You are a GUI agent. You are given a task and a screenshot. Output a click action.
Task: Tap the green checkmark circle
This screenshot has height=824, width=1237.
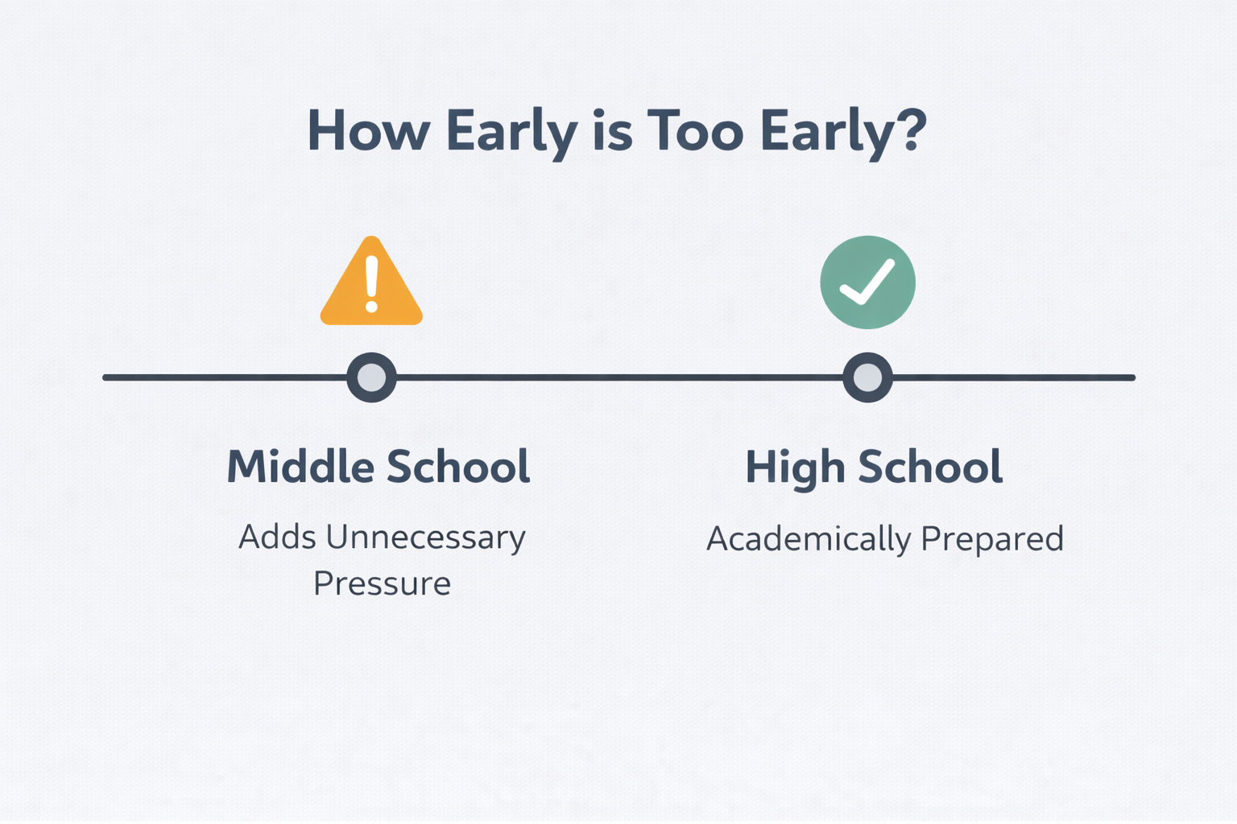coord(867,282)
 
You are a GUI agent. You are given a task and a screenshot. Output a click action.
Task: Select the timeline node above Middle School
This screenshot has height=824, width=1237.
coord(371,377)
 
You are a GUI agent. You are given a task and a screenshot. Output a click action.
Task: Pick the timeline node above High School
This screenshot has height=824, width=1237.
coord(867,377)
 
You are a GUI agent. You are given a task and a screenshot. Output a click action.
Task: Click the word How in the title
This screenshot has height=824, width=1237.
coord(369,130)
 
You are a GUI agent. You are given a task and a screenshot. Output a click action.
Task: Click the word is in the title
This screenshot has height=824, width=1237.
coord(612,130)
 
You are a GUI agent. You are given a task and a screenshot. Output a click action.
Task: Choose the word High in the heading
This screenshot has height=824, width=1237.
coord(795,469)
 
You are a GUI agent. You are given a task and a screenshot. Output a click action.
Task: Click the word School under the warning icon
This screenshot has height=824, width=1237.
coord(458,466)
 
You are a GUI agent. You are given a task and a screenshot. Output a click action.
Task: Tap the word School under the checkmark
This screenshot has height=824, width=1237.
coord(930,467)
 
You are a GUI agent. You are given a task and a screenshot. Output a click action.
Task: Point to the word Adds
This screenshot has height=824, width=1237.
coord(277,537)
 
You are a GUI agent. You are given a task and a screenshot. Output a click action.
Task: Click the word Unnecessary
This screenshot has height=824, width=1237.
coord(426,538)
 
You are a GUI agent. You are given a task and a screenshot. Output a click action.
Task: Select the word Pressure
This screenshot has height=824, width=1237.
coord(383,583)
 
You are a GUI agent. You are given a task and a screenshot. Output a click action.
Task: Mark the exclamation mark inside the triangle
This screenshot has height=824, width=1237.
coord(371,284)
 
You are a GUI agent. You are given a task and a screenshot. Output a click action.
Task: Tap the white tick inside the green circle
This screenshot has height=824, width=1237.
coord(867,282)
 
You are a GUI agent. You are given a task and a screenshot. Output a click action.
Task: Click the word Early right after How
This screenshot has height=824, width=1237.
coord(512,134)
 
